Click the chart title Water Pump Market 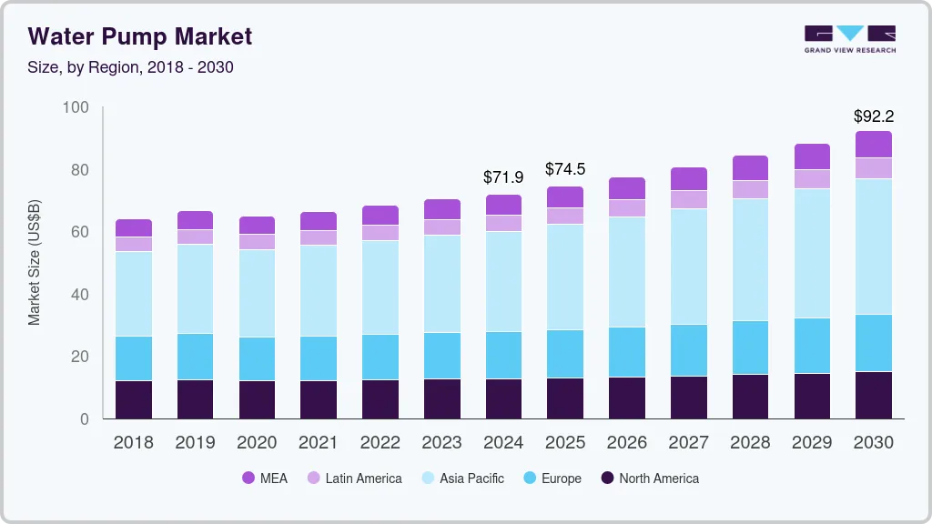[140, 36]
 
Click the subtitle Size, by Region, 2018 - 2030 [131, 67]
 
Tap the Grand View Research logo [849, 38]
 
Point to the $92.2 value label [873, 116]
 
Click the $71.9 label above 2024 [503, 177]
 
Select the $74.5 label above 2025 [565, 169]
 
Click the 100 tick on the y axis [76, 108]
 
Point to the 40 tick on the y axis [80, 295]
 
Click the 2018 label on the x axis [134, 443]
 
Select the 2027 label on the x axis [689, 443]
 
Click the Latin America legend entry [354, 478]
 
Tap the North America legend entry [649, 478]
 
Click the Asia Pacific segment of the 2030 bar [874, 247]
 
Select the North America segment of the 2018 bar [134, 399]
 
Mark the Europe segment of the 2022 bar [380, 357]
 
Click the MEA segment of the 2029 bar [812, 156]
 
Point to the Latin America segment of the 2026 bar [627, 208]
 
